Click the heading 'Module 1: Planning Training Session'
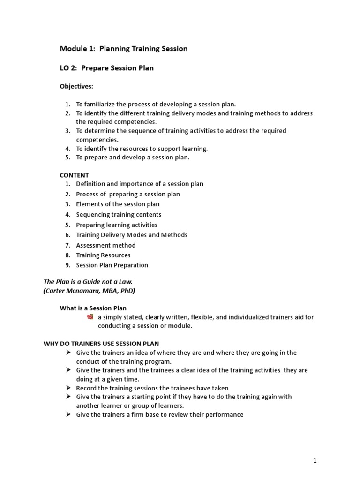124,49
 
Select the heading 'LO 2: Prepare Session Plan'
107,68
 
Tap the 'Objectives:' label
76,87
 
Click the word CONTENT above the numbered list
74,175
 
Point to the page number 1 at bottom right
315,448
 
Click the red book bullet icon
90,317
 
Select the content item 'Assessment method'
106,245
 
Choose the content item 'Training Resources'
103,255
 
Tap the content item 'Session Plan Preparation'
112,265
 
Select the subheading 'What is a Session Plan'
93,308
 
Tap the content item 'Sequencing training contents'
119,214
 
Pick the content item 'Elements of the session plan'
118,204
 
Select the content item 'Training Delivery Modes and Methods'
132,235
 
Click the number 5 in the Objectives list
67,157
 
